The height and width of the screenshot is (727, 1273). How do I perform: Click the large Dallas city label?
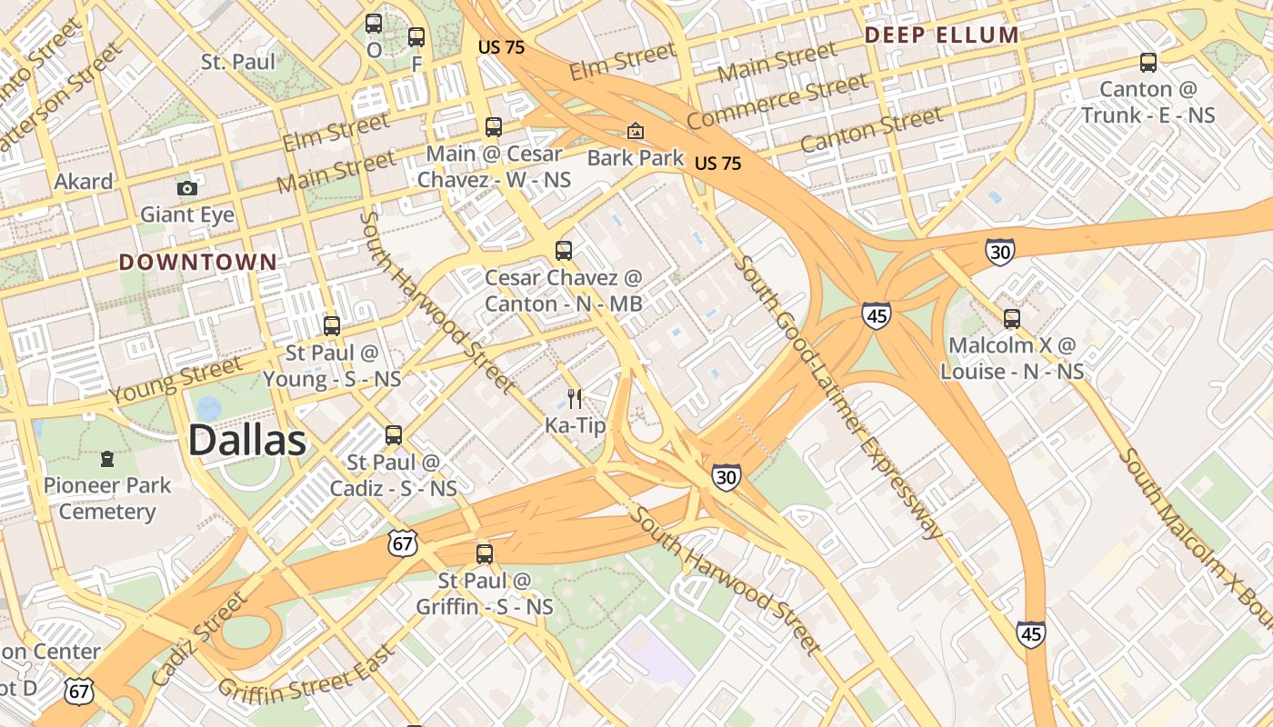[246, 441]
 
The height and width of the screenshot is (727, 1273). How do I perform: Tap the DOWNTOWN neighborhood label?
[198, 263]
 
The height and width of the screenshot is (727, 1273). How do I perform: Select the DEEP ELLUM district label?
[941, 35]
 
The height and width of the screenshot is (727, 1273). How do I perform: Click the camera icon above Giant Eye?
[187, 188]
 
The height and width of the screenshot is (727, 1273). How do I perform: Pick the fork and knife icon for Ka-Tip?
[574, 398]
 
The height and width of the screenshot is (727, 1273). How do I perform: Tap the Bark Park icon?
[636, 131]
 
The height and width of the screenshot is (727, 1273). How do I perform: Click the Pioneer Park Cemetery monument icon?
[107, 458]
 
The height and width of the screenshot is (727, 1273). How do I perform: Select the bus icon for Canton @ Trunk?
[1148, 63]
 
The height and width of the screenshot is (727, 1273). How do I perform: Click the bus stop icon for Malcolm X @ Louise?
[1012, 319]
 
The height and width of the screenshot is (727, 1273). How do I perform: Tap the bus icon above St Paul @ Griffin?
[485, 553]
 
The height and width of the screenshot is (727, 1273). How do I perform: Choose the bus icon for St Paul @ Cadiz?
[394, 435]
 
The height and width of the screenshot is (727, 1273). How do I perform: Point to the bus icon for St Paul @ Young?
[332, 325]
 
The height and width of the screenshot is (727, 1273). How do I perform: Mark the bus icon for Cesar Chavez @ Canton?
[564, 250]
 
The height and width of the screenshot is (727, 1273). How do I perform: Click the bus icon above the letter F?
[416, 37]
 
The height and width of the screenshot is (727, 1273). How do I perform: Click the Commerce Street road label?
[777, 101]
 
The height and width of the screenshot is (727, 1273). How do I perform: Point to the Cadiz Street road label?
[199, 639]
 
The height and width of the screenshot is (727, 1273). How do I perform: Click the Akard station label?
[84, 182]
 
